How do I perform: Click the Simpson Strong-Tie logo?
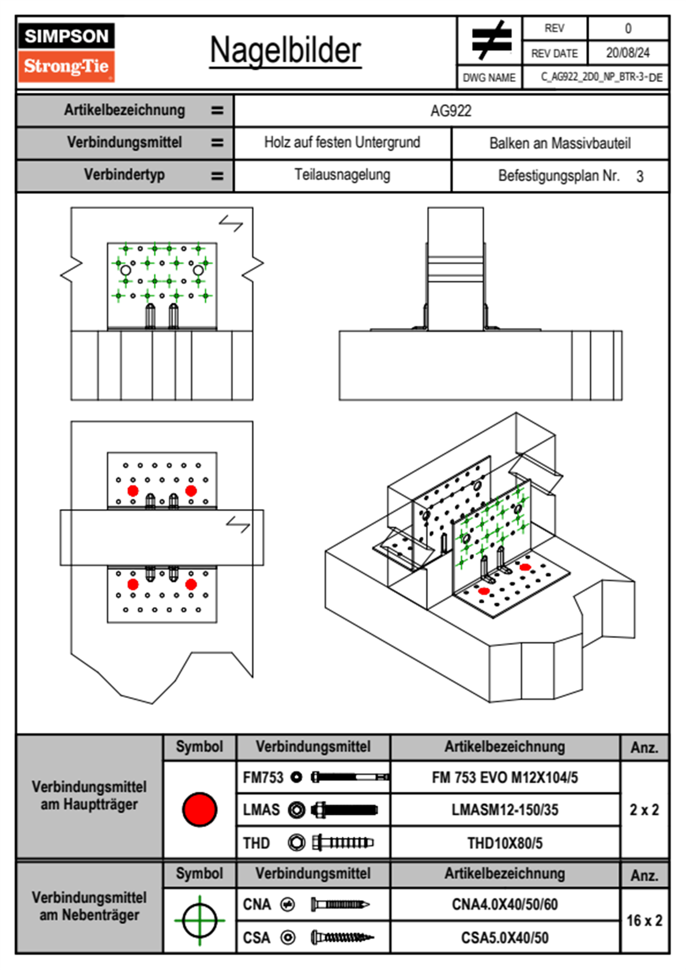pos(66,52)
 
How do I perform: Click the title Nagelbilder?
pos(285,50)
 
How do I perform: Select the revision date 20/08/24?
pos(627,53)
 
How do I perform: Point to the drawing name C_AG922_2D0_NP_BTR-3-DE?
pos(601,77)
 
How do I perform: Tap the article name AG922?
pos(451,111)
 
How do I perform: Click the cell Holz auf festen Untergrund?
pos(342,142)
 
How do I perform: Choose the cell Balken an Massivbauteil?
pos(560,143)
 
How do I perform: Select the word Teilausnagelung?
pos(342,175)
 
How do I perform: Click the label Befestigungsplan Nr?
pos(559,175)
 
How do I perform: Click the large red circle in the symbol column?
pos(199,809)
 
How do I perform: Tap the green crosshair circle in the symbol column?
pos(199,920)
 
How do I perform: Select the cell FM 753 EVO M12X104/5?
pos(504,777)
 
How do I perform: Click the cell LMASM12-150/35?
pos(504,810)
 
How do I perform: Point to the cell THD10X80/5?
pos(504,843)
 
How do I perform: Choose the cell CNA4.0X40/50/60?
pos(504,904)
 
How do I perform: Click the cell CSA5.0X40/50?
pos(504,938)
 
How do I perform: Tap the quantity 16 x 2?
pos(644,920)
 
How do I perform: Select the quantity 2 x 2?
pos(644,810)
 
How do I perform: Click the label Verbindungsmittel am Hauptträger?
pos(89,795)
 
